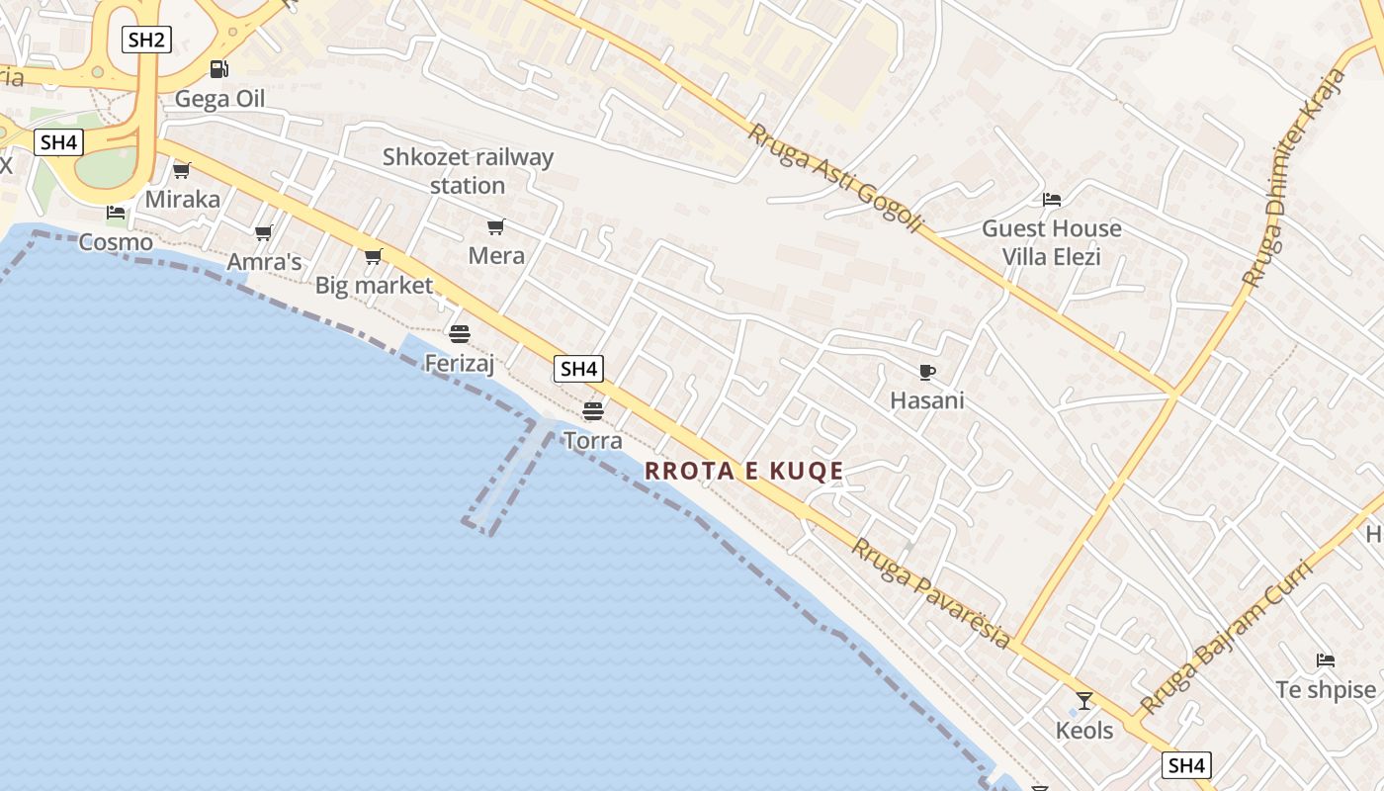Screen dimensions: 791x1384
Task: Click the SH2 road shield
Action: click(x=146, y=40)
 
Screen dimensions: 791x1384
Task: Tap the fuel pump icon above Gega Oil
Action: click(x=218, y=69)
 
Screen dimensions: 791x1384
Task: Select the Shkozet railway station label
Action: click(x=468, y=171)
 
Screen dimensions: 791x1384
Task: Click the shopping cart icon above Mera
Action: click(x=496, y=227)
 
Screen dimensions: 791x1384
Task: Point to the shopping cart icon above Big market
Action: click(x=373, y=257)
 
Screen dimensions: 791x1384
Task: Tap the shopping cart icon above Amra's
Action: click(x=263, y=233)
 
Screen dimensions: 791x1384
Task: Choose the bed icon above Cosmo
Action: click(x=116, y=213)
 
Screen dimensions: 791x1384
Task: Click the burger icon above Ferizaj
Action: click(x=459, y=333)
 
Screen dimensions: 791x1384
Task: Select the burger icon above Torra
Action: click(x=593, y=410)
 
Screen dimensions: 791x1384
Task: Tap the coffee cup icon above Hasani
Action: click(x=926, y=372)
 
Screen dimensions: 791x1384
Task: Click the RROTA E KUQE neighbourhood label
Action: click(x=743, y=471)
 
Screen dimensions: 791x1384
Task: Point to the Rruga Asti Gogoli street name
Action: click(x=835, y=178)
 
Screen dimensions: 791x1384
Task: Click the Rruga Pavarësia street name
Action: click(x=932, y=593)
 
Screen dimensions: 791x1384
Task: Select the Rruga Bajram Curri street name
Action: click(x=1226, y=638)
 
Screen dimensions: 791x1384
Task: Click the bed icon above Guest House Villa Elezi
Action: click(x=1052, y=200)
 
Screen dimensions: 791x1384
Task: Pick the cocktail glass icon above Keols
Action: click(x=1084, y=701)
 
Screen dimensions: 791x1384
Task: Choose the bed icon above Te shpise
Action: click(x=1326, y=660)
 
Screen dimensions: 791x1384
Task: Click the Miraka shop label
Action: click(x=183, y=199)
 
